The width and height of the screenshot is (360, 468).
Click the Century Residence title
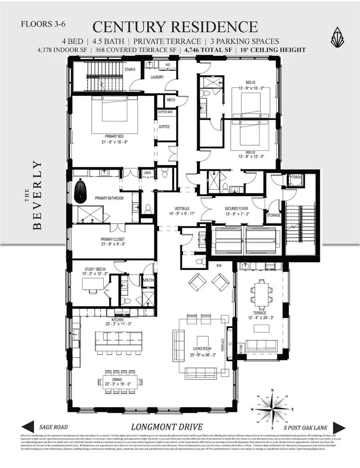175,27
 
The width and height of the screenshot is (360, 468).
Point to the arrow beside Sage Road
29,427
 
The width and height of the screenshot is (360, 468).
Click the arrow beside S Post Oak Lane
339,427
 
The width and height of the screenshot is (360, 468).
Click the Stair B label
130,69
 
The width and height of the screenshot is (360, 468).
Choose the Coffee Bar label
165,112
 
